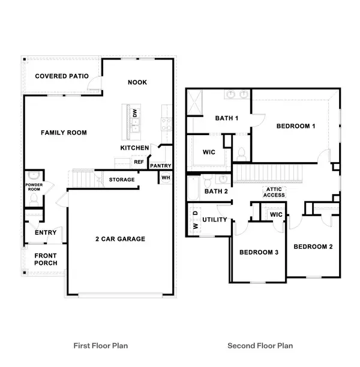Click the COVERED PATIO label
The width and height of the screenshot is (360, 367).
[x=62, y=76]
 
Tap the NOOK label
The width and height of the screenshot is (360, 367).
[x=137, y=82]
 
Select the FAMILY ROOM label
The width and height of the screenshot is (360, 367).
[x=64, y=133]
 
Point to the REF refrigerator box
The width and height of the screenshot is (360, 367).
[x=139, y=162]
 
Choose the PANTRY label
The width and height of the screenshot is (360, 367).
[x=160, y=166]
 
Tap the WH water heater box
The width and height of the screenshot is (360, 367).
[x=166, y=178]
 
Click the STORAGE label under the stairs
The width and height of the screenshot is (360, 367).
[x=122, y=180]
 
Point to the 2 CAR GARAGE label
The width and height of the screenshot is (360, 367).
[x=120, y=239]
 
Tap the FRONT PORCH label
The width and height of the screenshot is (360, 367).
[x=46, y=259]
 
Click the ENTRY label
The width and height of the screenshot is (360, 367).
[x=46, y=233]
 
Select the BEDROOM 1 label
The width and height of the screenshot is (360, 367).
[x=296, y=126]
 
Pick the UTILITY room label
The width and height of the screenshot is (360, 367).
[x=215, y=220]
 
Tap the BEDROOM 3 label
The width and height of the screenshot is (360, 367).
[x=259, y=252]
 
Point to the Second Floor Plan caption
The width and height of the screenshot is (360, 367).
[x=260, y=345]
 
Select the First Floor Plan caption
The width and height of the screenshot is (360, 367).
[x=101, y=345]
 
